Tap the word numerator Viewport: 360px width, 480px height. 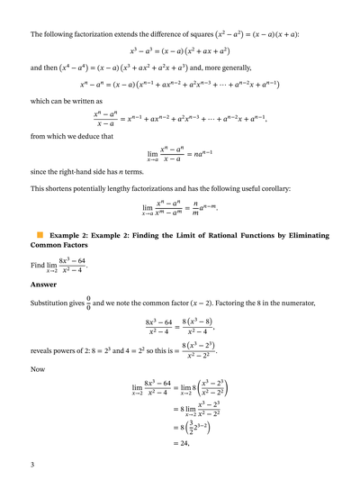[x=307, y=303]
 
